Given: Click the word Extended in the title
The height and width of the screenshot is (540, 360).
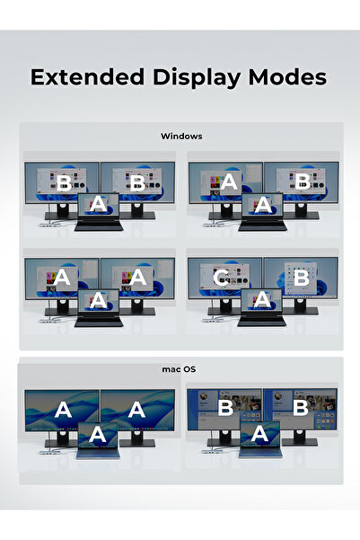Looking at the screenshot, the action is [x=87, y=77].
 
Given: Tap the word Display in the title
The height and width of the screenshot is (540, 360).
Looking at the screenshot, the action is [x=197, y=78].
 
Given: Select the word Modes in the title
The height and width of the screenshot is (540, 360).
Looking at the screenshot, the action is [x=287, y=77].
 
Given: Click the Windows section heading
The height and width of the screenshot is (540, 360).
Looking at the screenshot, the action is [x=181, y=136].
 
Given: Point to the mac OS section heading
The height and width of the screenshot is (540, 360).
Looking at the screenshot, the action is [x=179, y=369].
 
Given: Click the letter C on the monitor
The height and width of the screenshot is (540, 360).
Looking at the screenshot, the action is [x=222, y=278].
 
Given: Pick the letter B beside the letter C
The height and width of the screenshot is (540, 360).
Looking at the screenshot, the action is [x=302, y=278].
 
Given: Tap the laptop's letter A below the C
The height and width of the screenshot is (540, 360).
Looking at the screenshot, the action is [x=262, y=299].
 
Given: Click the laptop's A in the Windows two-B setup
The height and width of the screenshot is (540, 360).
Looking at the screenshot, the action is [x=98, y=204].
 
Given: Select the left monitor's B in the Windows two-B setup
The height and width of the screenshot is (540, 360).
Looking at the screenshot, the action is [x=64, y=183].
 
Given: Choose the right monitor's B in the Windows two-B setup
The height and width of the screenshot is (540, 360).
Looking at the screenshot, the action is [x=137, y=182].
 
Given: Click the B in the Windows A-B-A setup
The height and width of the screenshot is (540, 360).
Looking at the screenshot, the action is [x=303, y=181].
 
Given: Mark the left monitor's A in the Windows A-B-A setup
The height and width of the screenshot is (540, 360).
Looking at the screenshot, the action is [x=229, y=181].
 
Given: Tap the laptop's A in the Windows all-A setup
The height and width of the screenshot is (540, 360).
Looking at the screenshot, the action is [x=99, y=300].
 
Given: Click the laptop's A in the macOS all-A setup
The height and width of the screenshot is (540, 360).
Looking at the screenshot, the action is [x=97, y=435].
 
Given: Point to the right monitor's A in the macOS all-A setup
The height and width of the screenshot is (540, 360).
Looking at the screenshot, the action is [x=136, y=410].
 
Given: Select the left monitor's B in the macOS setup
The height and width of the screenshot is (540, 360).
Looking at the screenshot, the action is [x=225, y=408].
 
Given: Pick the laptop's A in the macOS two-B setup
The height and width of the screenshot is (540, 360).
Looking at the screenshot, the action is [x=259, y=434].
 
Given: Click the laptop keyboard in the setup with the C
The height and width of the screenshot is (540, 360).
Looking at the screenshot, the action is [x=262, y=322].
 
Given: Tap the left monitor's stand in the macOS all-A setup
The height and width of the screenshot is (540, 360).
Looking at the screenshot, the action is [x=62, y=439].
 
